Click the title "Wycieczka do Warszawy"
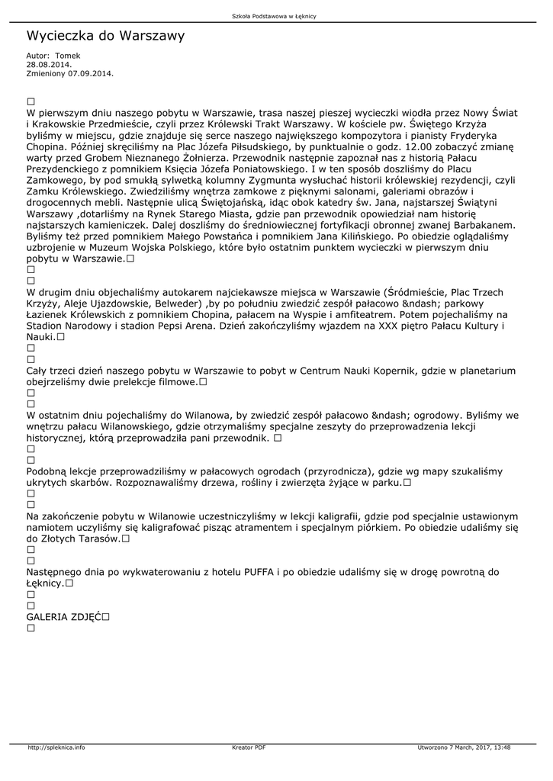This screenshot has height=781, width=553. pyautogui.click(x=105, y=36)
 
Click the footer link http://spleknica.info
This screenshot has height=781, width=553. pyautogui.click(x=56, y=747)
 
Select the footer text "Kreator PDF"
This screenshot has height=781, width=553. pyautogui.click(x=249, y=747)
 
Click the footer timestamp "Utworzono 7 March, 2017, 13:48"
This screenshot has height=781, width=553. pyautogui.click(x=464, y=747)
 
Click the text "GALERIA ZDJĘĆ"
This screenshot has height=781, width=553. pyautogui.click(x=64, y=616)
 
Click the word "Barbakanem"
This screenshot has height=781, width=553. pyautogui.click(x=483, y=226)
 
